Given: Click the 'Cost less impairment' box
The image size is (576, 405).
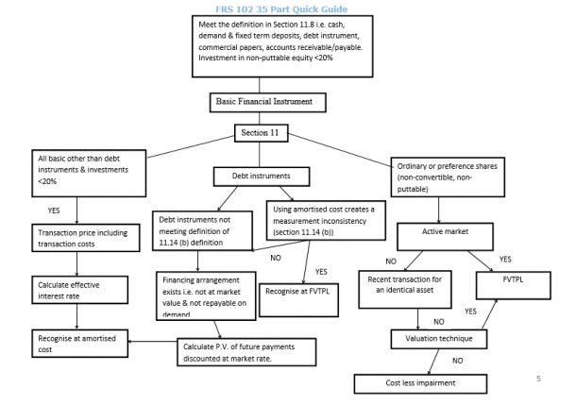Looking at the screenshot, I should [x=420, y=383].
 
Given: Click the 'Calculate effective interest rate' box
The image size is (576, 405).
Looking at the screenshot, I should [x=78, y=290].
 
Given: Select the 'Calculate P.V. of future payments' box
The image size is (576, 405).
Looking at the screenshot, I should [x=246, y=351].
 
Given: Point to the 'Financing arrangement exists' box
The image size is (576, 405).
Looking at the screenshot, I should [x=212, y=294].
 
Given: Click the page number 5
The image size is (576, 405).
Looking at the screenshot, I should [x=538, y=379].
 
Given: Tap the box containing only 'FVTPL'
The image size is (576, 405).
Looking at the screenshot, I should [x=513, y=280].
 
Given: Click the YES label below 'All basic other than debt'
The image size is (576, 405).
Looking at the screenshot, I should [x=54, y=209].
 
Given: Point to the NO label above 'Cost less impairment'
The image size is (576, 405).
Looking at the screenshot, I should [x=456, y=360].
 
